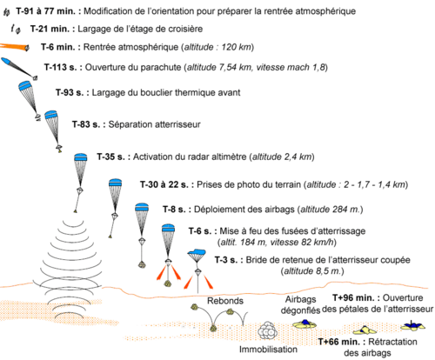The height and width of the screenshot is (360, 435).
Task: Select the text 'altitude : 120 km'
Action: point(217,47)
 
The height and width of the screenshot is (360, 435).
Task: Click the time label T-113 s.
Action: point(60,67)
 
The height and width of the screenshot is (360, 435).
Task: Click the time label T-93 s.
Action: point(70,93)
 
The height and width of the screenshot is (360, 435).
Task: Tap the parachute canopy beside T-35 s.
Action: point(81,157)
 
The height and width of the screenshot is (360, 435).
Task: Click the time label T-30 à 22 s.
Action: point(164,184)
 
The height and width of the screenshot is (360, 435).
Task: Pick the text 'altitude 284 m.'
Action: point(331,210)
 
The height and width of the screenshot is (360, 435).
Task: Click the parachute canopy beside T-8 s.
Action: point(142,207)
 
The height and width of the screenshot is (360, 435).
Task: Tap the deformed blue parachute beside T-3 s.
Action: point(197,255)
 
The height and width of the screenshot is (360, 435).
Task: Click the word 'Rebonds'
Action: point(225,301)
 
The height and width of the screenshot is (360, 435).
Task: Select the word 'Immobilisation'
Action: point(268,350)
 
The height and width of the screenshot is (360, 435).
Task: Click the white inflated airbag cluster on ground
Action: point(267,330)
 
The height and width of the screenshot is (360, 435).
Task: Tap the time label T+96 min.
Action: point(356,297)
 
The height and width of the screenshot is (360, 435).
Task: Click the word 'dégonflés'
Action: point(300,310)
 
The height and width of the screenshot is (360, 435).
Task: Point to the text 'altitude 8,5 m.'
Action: point(312,271)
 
